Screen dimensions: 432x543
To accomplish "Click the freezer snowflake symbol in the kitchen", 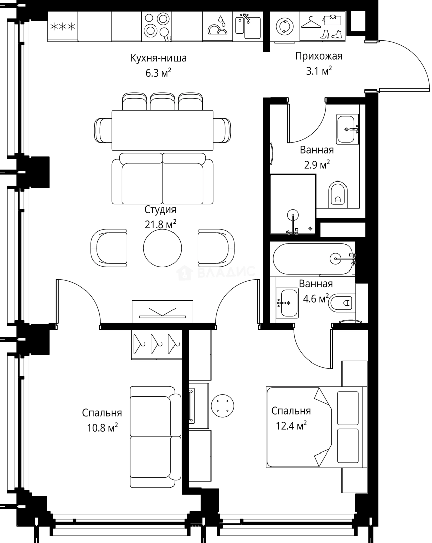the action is coord(63,26).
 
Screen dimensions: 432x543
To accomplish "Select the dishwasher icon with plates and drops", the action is coord(218,26).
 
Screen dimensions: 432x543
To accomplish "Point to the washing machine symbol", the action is coord(285,26).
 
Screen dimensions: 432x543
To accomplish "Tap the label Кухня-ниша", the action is coord(158,58).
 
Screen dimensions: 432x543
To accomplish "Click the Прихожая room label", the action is coord(319,56).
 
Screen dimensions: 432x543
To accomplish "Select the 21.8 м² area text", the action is coord(160,224).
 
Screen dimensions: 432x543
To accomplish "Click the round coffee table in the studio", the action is coord(162,248).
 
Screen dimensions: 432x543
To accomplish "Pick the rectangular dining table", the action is coord(162,130).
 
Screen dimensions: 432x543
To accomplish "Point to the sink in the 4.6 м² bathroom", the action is coord(287,303).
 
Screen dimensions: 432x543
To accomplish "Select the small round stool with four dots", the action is coord(222,406).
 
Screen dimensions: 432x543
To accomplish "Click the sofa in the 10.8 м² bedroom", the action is coord(155,437).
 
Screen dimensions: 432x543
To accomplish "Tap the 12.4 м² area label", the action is coord(291,426).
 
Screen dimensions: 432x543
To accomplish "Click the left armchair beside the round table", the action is coord(109,248).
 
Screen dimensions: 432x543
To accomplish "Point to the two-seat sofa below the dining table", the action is coord(162,178).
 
